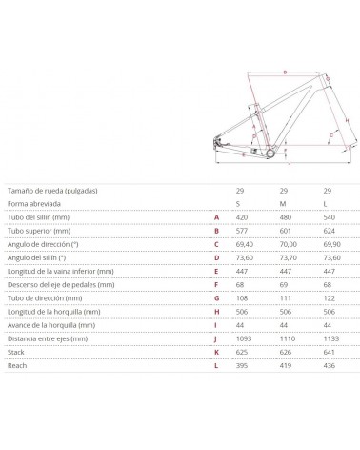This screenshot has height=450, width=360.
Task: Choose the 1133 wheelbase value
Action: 329,339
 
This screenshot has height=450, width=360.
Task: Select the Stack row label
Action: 16,353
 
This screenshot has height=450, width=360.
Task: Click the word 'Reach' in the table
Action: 17,366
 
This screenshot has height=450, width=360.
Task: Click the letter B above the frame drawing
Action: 284,72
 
